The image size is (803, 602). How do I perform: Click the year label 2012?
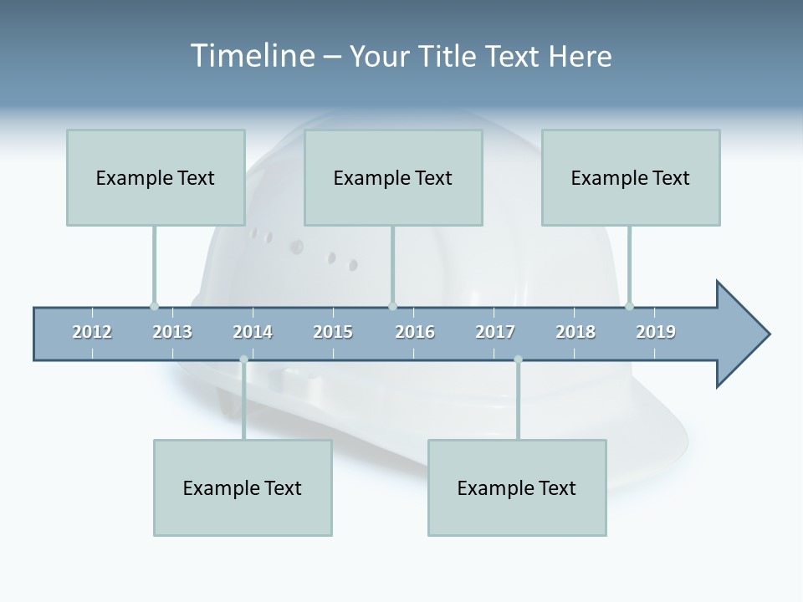[92, 332]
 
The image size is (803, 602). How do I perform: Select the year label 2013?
[172, 332]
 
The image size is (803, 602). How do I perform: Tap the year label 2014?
[253, 332]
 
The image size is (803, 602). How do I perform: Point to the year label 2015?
[333, 332]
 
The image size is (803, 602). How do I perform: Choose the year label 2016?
[415, 332]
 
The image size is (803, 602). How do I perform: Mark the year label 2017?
[495, 332]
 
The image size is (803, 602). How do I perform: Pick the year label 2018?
[575, 332]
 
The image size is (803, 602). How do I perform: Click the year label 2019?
[656, 332]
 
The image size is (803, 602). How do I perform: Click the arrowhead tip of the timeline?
[768, 334]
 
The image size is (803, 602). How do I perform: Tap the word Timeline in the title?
[250, 56]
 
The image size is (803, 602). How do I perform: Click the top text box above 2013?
[156, 177]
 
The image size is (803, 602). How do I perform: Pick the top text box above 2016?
[393, 177]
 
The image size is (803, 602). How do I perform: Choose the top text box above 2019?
[631, 177]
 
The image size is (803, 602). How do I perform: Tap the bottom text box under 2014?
[243, 487]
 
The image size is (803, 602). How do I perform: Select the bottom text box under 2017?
[517, 487]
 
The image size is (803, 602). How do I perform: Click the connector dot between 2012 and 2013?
[154, 306]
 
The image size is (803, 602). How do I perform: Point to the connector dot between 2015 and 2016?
[392, 306]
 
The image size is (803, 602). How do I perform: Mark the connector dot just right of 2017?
[518, 360]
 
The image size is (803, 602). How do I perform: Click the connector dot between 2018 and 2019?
[629, 306]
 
